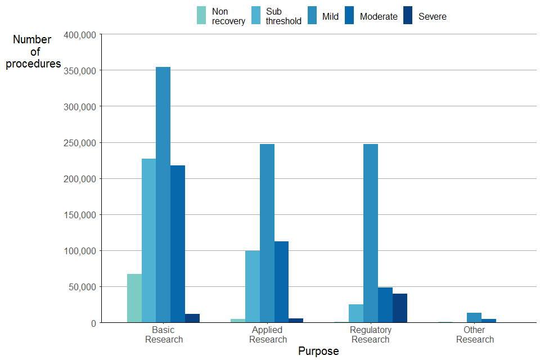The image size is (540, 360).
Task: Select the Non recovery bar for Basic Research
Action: point(134,298)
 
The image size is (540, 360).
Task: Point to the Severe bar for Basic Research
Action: point(192,318)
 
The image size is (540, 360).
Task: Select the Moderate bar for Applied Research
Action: point(281,282)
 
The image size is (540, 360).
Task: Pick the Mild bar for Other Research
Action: point(474,318)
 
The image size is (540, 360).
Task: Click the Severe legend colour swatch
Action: point(408,15)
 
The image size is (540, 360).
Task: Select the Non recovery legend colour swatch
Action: point(201,15)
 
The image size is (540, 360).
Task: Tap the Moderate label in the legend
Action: point(379,16)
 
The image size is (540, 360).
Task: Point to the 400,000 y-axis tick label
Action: point(81,35)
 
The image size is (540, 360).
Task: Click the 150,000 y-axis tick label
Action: point(81,215)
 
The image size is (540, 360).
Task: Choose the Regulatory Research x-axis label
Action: point(371,334)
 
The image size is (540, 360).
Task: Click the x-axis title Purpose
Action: point(318,351)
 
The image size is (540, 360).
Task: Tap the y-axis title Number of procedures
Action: point(33,52)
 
